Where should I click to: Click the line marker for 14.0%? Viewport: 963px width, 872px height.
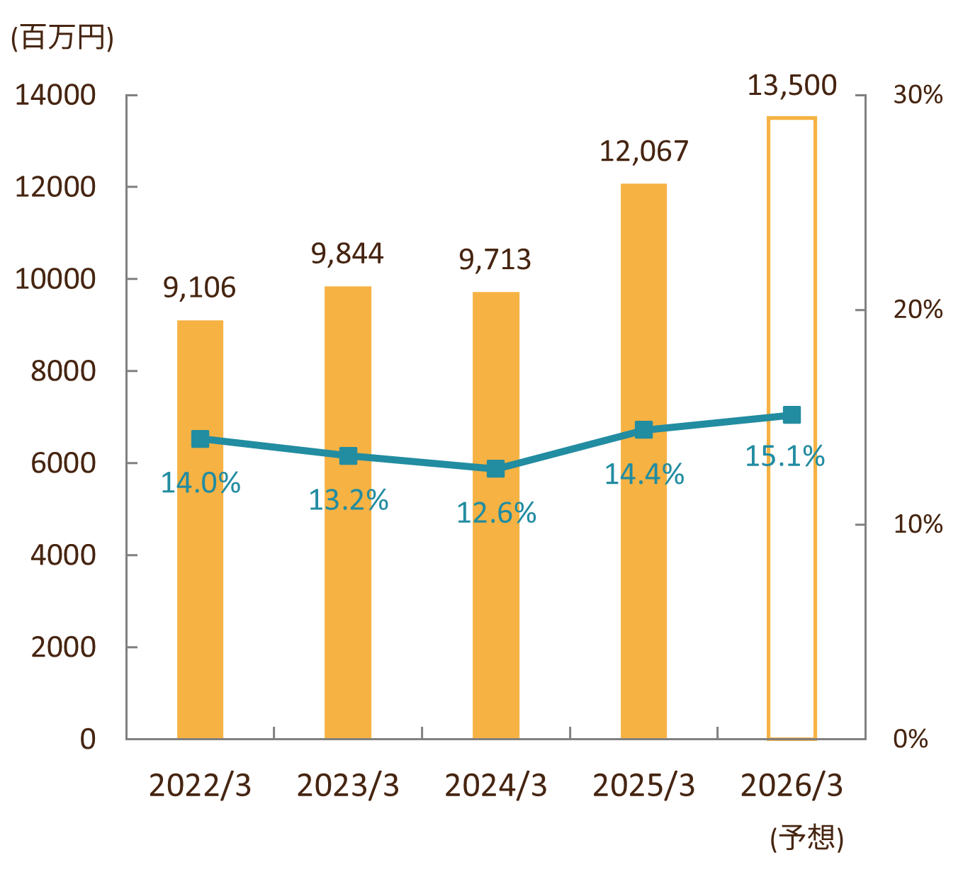[201, 439]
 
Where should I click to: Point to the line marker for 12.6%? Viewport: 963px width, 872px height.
[496, 469]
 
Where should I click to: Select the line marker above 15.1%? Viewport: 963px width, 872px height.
[792, 415]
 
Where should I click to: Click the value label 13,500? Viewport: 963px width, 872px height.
[792, 86]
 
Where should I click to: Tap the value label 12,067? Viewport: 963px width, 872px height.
[643, 152]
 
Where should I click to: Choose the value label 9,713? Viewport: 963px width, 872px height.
[495, 260]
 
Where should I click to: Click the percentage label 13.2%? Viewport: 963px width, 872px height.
[348, 501]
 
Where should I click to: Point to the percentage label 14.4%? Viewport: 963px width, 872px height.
[643, 475]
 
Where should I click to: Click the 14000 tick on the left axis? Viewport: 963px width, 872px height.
[55, 95]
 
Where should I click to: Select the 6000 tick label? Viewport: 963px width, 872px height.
[63, 463]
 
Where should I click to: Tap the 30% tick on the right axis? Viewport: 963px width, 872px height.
[918, 95]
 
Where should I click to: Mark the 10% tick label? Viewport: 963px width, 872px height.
[918, 525]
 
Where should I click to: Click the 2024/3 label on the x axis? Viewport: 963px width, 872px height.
[495, 786]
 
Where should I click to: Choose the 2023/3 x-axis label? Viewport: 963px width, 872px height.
[347, 786]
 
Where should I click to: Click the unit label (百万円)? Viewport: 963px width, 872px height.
[62, 38]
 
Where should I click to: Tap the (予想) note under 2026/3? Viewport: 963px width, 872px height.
[806, 839]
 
